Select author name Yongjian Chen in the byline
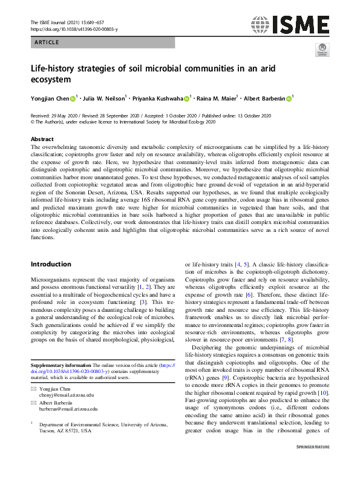[50, 97]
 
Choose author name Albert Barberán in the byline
[264, 97]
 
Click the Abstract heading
[42, 139]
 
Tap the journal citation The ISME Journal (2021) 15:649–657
[68, 22]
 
